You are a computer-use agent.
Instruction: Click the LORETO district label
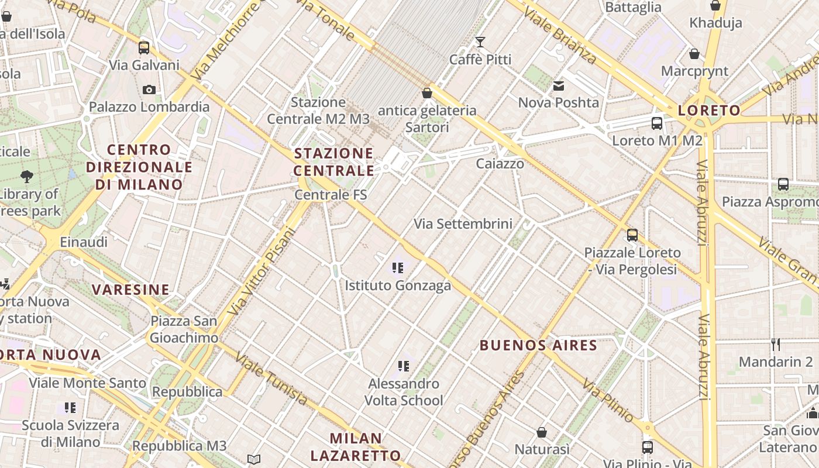pos(709,111)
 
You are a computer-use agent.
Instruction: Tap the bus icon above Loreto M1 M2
pos(657,123)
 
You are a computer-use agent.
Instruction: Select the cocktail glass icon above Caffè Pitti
pos(480,42)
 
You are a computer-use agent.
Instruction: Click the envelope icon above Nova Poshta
pos(559,86)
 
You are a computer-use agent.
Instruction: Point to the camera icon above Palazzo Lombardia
pos(149,90)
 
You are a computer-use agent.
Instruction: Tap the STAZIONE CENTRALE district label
pos(333,162)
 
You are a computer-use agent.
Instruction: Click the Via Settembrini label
pos(463,223)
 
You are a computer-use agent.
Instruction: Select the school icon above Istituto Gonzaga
pos(398,269)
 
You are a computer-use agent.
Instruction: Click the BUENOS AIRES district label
pos(538,345)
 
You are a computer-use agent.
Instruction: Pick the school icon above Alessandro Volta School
pos(403,367)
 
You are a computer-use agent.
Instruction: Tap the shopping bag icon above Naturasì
pos(542,432)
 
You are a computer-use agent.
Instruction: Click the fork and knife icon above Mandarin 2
pos(776,345)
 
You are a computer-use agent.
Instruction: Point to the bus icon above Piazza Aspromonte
pos(783,185)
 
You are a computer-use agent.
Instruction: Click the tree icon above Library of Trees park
pos(26,176)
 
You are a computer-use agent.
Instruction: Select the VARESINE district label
pos(130,290)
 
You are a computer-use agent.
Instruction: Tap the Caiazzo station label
pos(500,164)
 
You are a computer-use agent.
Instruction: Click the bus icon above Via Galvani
pos(144,48)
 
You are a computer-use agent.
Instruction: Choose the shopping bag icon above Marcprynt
pos(694,54)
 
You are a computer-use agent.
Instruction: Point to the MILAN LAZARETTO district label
pos(356,446)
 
